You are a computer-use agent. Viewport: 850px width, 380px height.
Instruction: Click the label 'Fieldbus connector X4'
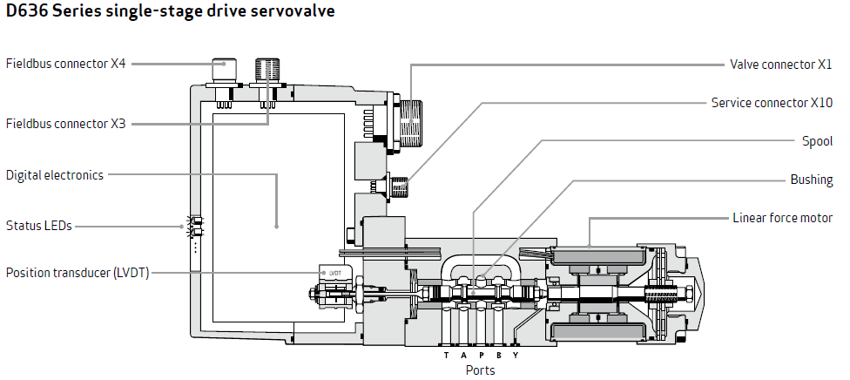pyautogui.click(x=66, y=64)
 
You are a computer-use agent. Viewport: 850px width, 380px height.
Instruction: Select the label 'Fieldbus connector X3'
pyautogui.click(x=66, y=124)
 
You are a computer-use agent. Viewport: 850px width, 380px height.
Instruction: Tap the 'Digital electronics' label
pyautogui.click(x=55, y=175)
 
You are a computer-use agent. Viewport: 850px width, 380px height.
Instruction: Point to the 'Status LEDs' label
pyautogui.click(x=39, y=226)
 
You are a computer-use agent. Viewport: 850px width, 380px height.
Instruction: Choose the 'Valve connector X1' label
pyautogui.click(x=781, y=64)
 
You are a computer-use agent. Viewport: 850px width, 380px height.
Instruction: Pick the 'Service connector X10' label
pyautogui.click(x=772, y=102)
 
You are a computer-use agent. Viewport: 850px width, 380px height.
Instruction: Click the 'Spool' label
pyautogui.click(x=817, y=141)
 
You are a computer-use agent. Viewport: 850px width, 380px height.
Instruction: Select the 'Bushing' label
pyautogui.click(x=811, y=180)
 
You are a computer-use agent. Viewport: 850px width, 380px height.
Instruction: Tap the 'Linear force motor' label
pyautogui.click(x=782, y=218)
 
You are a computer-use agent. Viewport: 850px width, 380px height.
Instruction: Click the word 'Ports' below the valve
pyautogui.click(x=480, y=370)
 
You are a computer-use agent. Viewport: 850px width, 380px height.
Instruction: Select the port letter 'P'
pyautogui.click(x=481, y=356)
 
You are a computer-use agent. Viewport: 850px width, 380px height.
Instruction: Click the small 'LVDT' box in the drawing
pyautogui.click(x=334, y=273)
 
